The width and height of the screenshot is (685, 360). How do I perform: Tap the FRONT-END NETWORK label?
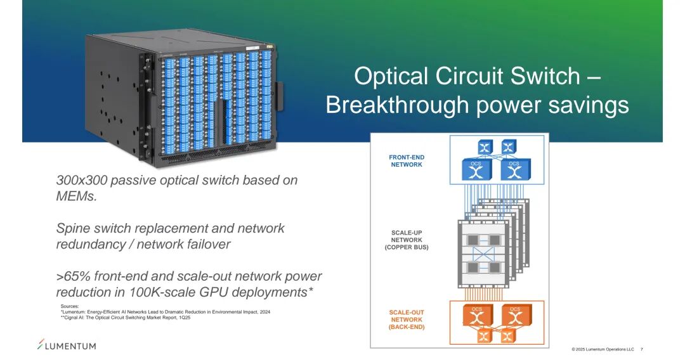coord(406,161)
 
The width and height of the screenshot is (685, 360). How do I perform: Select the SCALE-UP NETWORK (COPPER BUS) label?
coord(407,240)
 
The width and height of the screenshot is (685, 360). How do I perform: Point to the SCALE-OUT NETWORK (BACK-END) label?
coord(407,319)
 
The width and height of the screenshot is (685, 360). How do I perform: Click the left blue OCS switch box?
coord(476,169)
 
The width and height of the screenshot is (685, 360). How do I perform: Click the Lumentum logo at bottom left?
coord(67,345)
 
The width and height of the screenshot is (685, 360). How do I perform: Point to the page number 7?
coord(642,349)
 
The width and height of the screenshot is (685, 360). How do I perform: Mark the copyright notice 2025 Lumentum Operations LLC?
coord(603,349)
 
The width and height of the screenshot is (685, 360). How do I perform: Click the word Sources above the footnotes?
coord(70,306)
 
